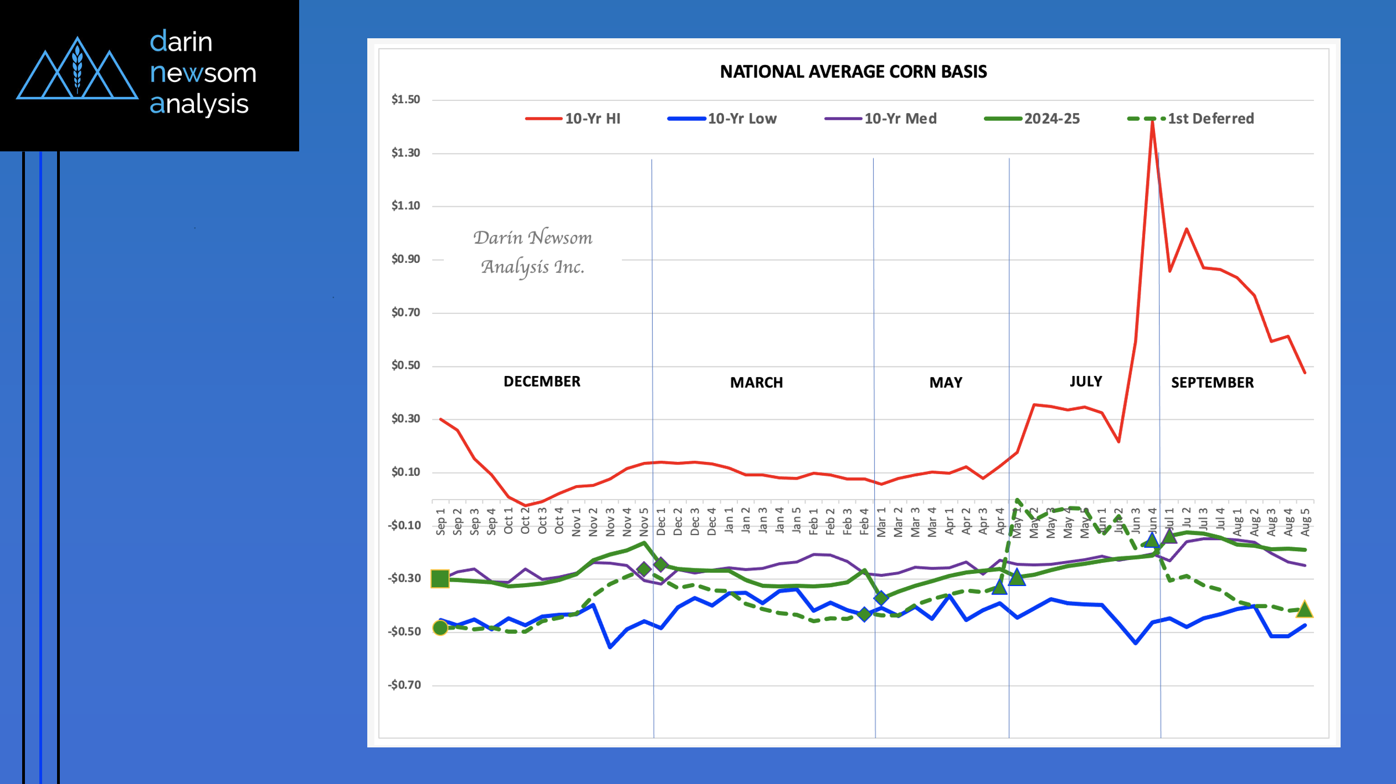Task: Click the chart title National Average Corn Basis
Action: tap(853, 72)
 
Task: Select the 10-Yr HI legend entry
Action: tap(592, 119)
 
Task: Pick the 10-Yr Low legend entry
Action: tap(742, 119)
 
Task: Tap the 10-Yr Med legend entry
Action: tap(900, 119)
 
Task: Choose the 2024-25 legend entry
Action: tap(1051, 119)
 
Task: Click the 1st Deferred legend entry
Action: tap(1210, 119)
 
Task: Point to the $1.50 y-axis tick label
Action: tap(406, 100)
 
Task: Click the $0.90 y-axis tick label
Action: tap(406, 259)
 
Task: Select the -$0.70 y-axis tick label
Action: tap(404, 685)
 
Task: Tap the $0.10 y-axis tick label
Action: tap(406, 472)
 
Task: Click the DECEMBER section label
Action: tap(542, 381)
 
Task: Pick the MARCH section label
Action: tap(756, 383)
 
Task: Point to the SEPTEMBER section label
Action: tap(1212, 383)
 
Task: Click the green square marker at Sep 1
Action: tap(440, 578)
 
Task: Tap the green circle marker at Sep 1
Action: tap(440, 628)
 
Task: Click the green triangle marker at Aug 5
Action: tap(1305, 609)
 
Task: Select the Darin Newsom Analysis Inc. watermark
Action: tap(533, 252)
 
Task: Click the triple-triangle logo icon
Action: tap(78, 69)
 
